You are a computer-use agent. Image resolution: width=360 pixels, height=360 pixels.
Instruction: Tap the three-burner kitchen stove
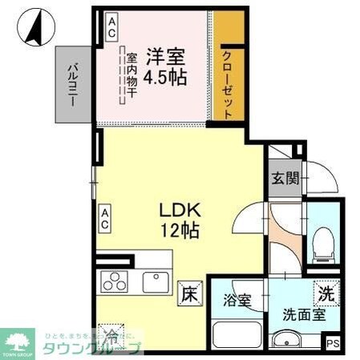click(113, 282)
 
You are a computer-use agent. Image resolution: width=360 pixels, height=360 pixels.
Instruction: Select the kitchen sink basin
click(155, 282)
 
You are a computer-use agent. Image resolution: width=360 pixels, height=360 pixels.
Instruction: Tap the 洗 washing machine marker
click(325, 293)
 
